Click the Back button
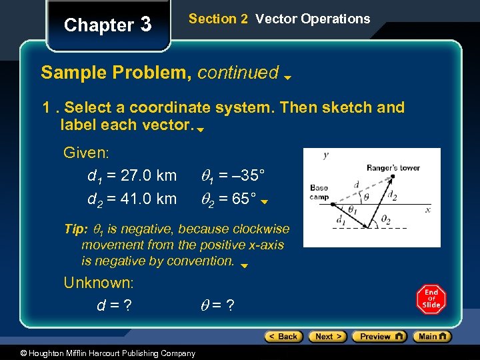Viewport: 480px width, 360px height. (x=283, y=337)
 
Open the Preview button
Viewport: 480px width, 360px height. (x=379, y=337)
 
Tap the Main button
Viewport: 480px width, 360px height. (x=432, y=337)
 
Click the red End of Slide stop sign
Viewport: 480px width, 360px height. (x=431, y=299)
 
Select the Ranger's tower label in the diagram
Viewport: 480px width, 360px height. (x=393, y=168)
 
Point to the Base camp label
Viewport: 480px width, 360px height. (x=319, y=192)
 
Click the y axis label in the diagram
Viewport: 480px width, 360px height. (x=325, y=155)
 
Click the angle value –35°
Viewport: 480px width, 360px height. (x=243, y=176)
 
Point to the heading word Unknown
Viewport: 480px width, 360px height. (x=98, y=283)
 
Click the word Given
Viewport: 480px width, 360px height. (x=85, y=153)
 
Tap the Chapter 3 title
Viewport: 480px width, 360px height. (x=107, y=25)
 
